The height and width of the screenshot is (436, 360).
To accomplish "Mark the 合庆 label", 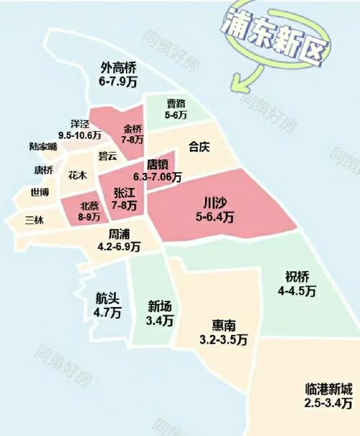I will click(198, 148).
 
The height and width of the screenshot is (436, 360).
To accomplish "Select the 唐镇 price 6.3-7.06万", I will click(158, 177).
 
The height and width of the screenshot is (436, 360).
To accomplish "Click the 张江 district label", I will click(125, 193).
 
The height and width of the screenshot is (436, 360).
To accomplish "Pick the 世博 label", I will click(40, 192).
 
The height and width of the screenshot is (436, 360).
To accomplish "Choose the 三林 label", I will click(34, 220).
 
